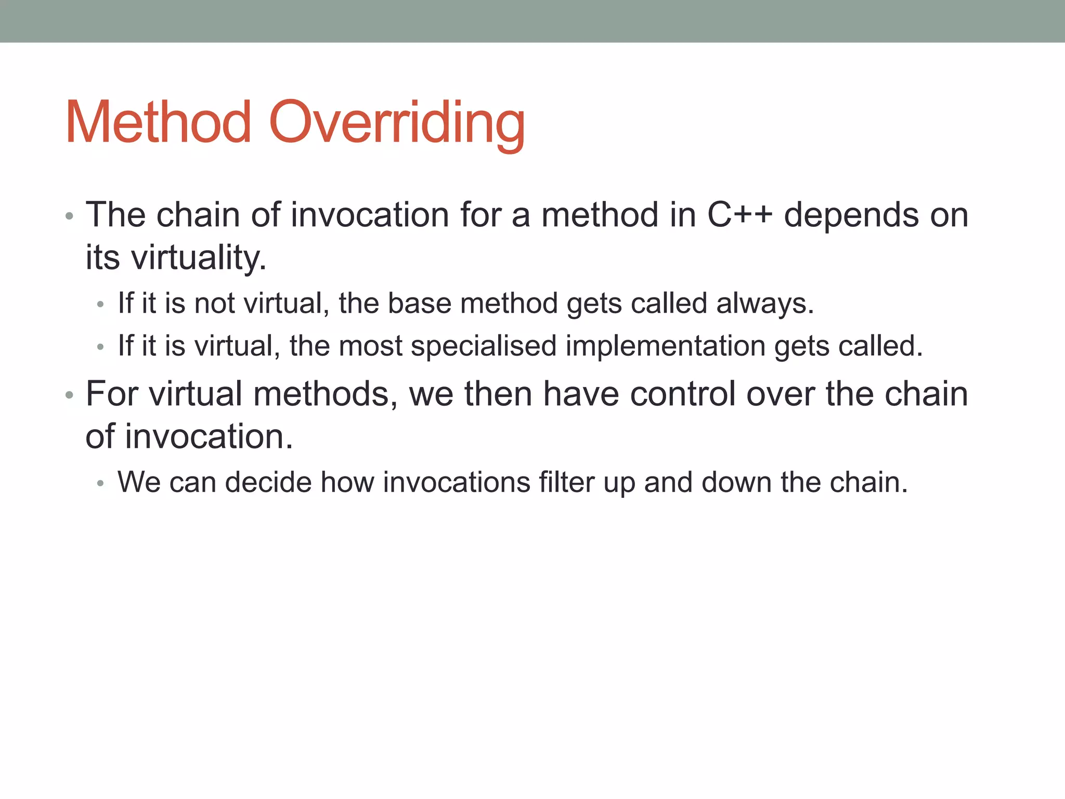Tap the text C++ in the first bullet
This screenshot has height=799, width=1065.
coord(739,214)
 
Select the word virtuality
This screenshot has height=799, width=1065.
coord(198,258)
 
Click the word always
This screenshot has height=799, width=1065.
coord(764,304)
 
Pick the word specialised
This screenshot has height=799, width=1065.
coord(483,346)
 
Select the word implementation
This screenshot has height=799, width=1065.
coord(665,346)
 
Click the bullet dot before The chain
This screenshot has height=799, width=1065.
coord(69,216)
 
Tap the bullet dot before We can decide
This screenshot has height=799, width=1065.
coord(101,484)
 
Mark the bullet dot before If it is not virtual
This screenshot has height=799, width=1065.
coord(101,305)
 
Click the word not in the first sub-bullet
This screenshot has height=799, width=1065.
coord(214,303)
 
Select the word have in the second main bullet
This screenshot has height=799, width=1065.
coord(581,394)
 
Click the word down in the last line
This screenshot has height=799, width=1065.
coord(736,482)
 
